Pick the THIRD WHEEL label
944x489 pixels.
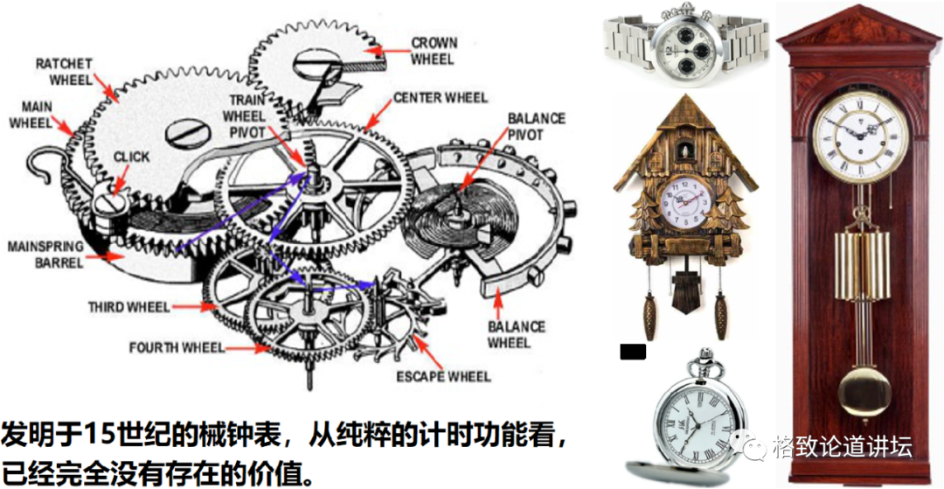pyautogui.click(x=129, y=307)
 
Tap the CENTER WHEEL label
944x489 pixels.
pyautogui.click(x=441, y=97)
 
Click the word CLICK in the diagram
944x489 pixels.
pyautogui.click(x=131, y=157)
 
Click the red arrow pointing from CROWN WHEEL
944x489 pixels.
pyautogui.click(x=375, y=51)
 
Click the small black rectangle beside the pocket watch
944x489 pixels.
pyautogui.click(x=632, y=352)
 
